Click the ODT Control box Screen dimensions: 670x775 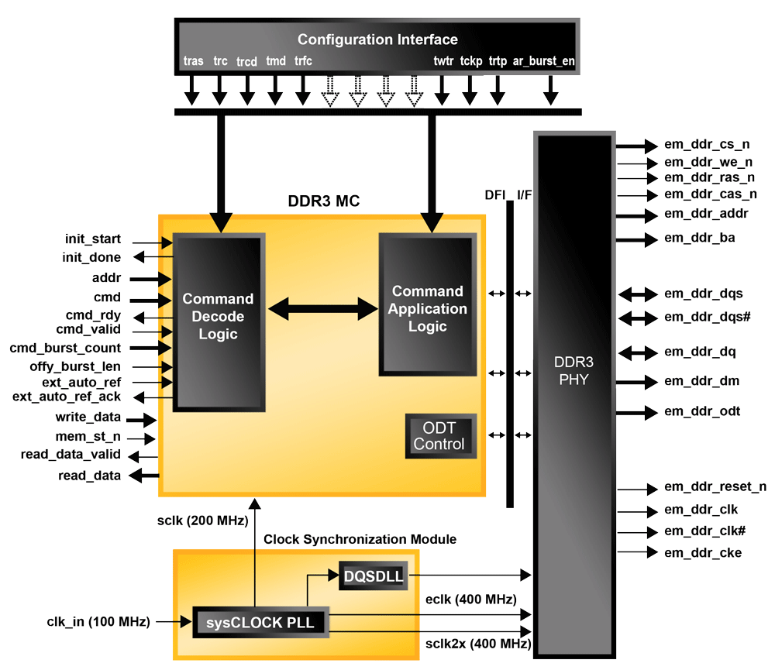439,436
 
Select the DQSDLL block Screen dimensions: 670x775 373,576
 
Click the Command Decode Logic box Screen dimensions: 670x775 218,316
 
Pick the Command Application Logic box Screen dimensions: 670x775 427,308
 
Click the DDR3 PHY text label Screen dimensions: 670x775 572,370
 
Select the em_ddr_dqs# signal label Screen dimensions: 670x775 704,317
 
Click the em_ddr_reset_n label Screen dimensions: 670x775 715,486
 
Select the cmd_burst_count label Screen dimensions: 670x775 65,348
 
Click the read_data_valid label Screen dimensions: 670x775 71,455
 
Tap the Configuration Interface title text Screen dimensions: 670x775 377,40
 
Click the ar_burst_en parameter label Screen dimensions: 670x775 544,60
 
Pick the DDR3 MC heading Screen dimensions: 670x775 323,202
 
